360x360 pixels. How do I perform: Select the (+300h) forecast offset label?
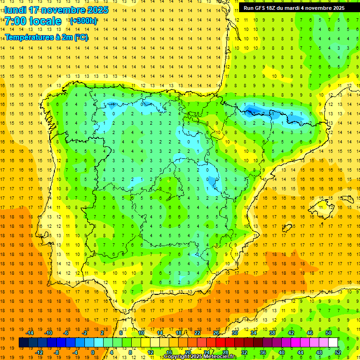pos(83,21)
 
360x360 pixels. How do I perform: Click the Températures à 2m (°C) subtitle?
pos(46,37)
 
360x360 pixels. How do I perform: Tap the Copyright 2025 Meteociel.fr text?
pos(200,357)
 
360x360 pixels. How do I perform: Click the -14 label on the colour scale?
pos(30,333)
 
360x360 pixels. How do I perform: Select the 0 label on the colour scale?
pos(93,352)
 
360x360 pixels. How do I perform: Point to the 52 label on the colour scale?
pos(337,352)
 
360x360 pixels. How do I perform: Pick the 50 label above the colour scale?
pos(328,333)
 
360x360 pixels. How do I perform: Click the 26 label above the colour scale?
pos(216,333)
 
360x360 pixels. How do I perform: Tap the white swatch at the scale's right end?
pos(333,343)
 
